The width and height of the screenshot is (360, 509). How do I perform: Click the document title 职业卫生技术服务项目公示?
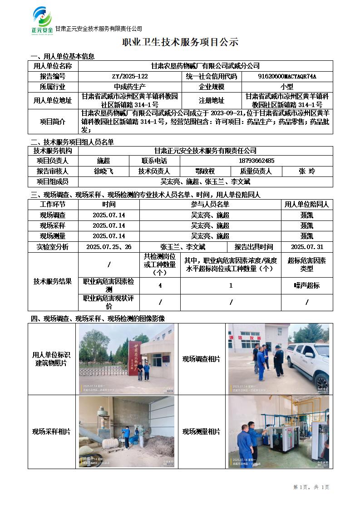click(180, 43)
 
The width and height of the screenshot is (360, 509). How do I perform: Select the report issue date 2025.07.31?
click(307, 247)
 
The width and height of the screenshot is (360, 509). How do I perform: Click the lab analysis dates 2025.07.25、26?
click(109, 247)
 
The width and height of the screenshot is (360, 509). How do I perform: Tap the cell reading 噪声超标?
click(307, 285)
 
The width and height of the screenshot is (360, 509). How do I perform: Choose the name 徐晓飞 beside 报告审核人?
click(104, 171)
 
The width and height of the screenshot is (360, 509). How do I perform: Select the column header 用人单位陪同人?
click(307, 205)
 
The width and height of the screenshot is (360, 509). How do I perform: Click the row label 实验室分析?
click(53, 247)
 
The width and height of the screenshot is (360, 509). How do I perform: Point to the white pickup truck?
click(309, 358)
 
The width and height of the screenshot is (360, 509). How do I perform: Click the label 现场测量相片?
click(201, 431)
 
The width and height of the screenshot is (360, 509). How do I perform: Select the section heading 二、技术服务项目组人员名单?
click(72, 142)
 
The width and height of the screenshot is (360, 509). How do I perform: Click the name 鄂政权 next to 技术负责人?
click(205, 171)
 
